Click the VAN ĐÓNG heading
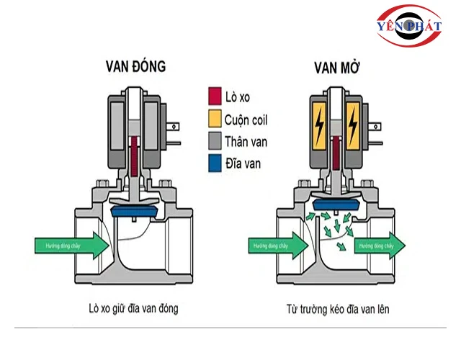pos(135,67)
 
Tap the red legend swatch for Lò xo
pos(214,96)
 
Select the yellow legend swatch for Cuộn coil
pos(214,118)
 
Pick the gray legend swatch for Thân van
pos(214,140)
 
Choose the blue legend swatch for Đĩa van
pos(214,163)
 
